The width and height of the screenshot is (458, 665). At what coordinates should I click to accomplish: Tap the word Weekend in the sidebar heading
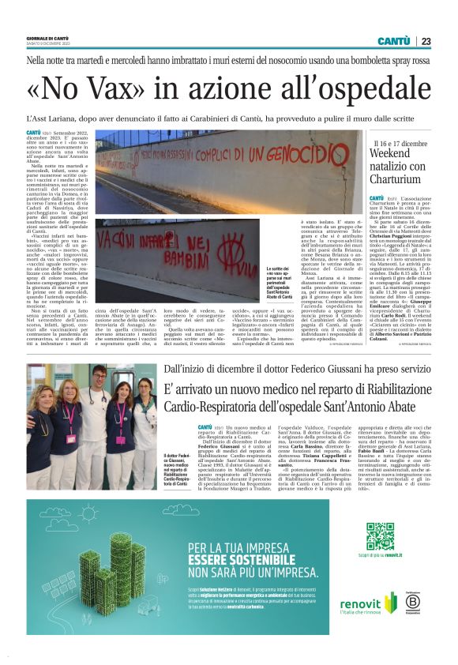tap(396, 152)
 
